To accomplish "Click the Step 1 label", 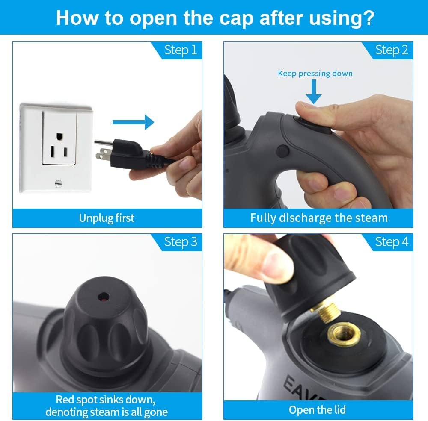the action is (181, 50).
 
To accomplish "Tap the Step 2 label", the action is (392, 50).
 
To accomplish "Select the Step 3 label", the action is (181, 242).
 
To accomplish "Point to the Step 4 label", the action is (392, 242).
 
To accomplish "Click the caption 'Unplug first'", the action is (107, 218).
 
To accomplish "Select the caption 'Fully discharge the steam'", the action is (319, 218).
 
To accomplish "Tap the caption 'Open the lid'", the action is (317, 410).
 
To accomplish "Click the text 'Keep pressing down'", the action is (315, 74).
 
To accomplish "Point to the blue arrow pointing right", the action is (133, 122).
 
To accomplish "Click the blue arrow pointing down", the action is (314, 91).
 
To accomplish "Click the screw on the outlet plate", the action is (58, 183).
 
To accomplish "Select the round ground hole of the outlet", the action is (59, 136).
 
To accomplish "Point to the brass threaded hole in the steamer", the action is (344, 334).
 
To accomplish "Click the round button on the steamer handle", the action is (283, 151).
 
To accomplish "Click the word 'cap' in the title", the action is (236, 19).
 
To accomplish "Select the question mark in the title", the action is (369, 17).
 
